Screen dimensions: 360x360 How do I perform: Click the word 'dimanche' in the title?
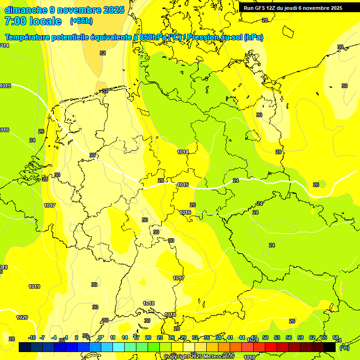[x=26, y=10]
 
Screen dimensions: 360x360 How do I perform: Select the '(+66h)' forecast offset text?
[x=82, y=21]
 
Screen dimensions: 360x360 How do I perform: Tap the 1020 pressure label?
[x=22, y=317]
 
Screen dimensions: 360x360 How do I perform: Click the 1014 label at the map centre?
[x=183, y=152]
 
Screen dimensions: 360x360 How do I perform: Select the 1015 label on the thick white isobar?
[x=183, y=185]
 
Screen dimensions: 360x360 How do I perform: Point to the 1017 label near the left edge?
[x=50, y=206]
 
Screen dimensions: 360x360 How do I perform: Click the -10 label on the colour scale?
[x=32, y=337]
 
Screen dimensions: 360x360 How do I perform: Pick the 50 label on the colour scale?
[x=265, y=337]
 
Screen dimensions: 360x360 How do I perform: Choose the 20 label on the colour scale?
[x=148, y=337]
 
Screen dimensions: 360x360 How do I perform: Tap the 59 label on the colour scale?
[x=300, y=337]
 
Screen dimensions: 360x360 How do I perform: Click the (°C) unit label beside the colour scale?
[x=344, y=347]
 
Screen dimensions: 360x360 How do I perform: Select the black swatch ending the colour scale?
[x=330, y=347]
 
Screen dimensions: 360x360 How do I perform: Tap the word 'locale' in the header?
[x=45, y=21]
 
